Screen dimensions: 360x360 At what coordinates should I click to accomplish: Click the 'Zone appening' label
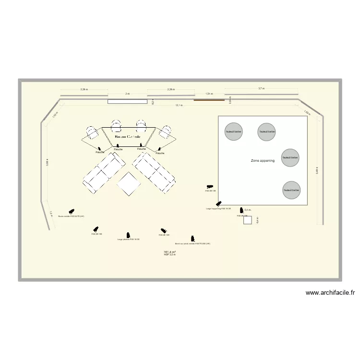(x=263, y=161)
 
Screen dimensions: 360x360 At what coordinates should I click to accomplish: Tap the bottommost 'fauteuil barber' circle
(x=291, y=190)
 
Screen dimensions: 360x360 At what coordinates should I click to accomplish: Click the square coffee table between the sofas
(x=129, y=184)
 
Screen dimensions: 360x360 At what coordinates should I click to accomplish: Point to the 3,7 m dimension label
(x=261, y=89)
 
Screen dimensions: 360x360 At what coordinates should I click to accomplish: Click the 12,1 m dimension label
(x=179, y=105)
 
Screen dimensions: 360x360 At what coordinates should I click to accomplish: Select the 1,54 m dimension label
(x=209, y=94)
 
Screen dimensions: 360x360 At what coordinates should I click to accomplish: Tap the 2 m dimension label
(x=127, y=94)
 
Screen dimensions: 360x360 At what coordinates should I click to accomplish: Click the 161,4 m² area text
(x=169, y=252)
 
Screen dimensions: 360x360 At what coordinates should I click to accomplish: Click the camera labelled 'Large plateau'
(x=128, y=235)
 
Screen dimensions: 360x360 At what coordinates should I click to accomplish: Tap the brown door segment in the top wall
(x=209, y=100)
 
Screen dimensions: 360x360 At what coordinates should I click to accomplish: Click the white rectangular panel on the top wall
(x=127, y=101)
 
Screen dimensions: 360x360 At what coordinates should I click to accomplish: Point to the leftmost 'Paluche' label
(x=100, y=152)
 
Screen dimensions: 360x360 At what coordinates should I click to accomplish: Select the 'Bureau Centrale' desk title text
(x=127, y=137)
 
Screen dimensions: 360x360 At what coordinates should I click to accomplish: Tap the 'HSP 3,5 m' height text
(x=169, y=254)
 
